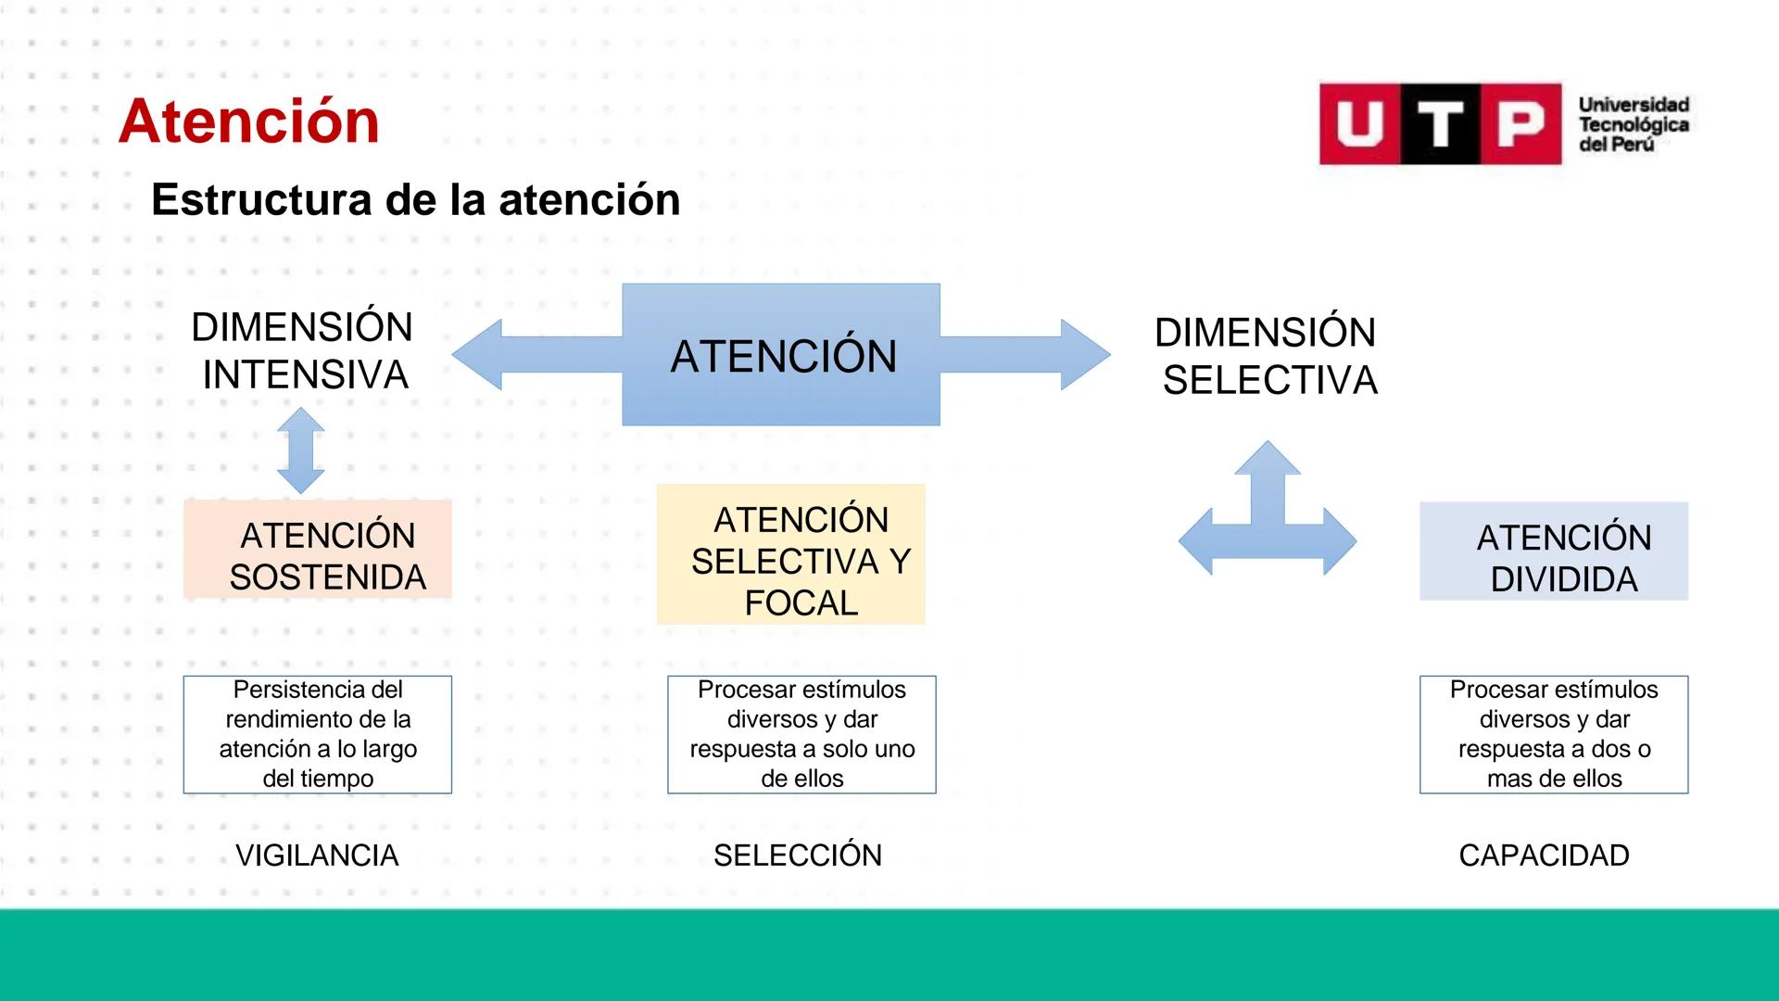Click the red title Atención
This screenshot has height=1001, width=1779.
(x=248, y=121)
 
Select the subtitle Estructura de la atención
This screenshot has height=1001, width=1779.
(x=415, y=199)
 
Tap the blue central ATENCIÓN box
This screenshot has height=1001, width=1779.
(x=781, y=355)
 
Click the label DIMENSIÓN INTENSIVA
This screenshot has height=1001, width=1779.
(x=303, y=351)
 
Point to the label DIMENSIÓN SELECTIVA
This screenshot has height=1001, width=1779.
(x=1268, y=357)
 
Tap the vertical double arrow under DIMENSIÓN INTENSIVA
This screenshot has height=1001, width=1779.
(x=301, y=450)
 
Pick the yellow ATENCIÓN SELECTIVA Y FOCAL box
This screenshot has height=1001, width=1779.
(x=790, y=554)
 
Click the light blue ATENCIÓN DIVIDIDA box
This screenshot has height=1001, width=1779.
(x=1553, y=551)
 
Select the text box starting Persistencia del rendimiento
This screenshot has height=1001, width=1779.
(x=318, y=734)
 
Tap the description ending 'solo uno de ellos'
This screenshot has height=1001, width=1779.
(x=801, y=734)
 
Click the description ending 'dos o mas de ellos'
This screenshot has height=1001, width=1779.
(x=1553, y=734)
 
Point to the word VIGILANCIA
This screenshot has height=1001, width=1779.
(x=317, y=855)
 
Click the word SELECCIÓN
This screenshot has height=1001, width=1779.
(x=798, y=855)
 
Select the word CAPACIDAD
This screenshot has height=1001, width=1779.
(x=1544, y=855)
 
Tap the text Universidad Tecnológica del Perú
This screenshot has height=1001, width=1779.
(x=1633, y=124)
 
